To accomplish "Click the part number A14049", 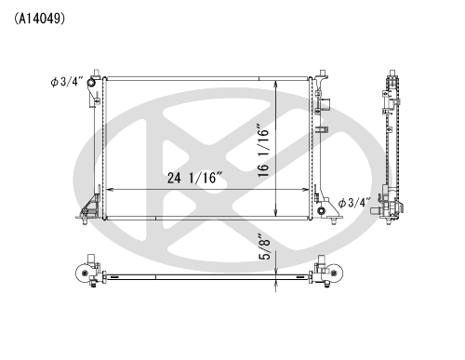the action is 39,19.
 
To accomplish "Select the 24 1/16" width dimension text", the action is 195,178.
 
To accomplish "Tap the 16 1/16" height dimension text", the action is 263,151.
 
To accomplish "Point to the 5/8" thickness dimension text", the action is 265,247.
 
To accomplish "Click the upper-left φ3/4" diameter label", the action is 67,82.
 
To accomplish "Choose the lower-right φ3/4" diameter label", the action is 354,203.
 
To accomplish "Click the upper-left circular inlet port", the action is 91,83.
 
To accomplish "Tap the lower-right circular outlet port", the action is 321,211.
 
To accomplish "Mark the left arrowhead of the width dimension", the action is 109,190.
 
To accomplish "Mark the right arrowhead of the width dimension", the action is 306,190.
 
